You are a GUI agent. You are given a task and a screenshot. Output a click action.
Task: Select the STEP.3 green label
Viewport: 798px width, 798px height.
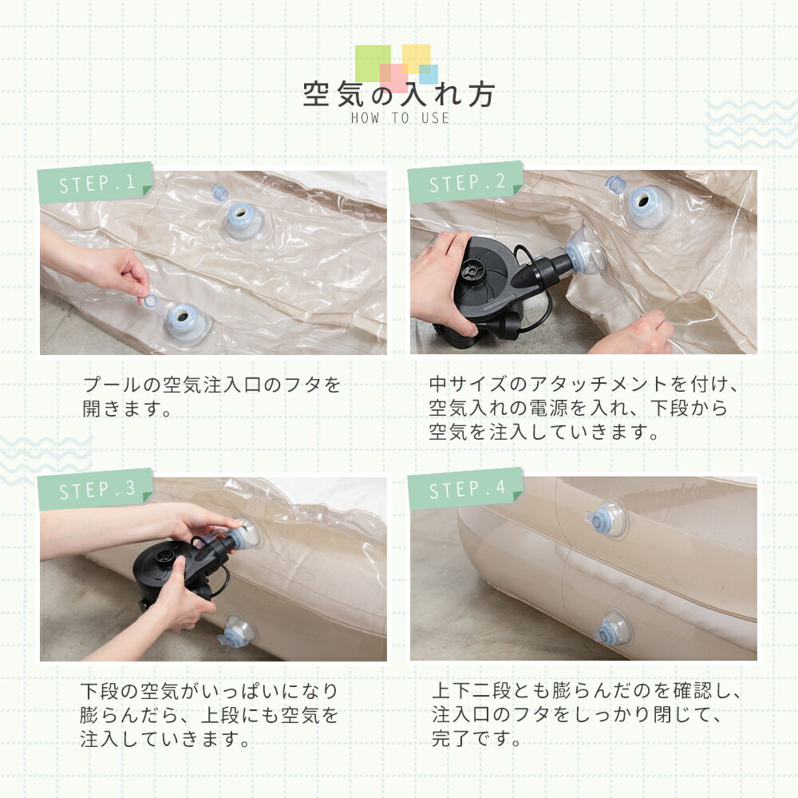pos(95,489)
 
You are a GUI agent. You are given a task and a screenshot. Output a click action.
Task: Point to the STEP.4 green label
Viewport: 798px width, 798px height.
pos(466,488)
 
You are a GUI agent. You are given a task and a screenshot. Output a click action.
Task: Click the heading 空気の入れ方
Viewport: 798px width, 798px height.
pos(398,94)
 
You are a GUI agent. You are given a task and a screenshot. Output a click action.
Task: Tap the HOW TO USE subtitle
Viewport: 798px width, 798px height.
pos(400,118)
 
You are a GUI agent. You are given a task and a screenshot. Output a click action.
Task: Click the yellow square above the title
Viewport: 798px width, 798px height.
pos(417,58)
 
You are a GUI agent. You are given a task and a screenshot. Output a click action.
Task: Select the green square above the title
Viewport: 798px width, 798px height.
pos(373,63)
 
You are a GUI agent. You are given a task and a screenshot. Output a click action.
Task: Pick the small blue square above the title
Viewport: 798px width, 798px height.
pos(429,74)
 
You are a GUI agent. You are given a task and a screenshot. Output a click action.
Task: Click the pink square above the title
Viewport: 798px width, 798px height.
pos(394,78)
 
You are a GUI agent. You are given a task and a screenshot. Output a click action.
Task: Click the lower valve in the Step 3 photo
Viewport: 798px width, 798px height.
pos(238,632)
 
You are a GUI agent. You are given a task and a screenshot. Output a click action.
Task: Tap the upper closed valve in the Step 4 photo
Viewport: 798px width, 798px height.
pos(606,520)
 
